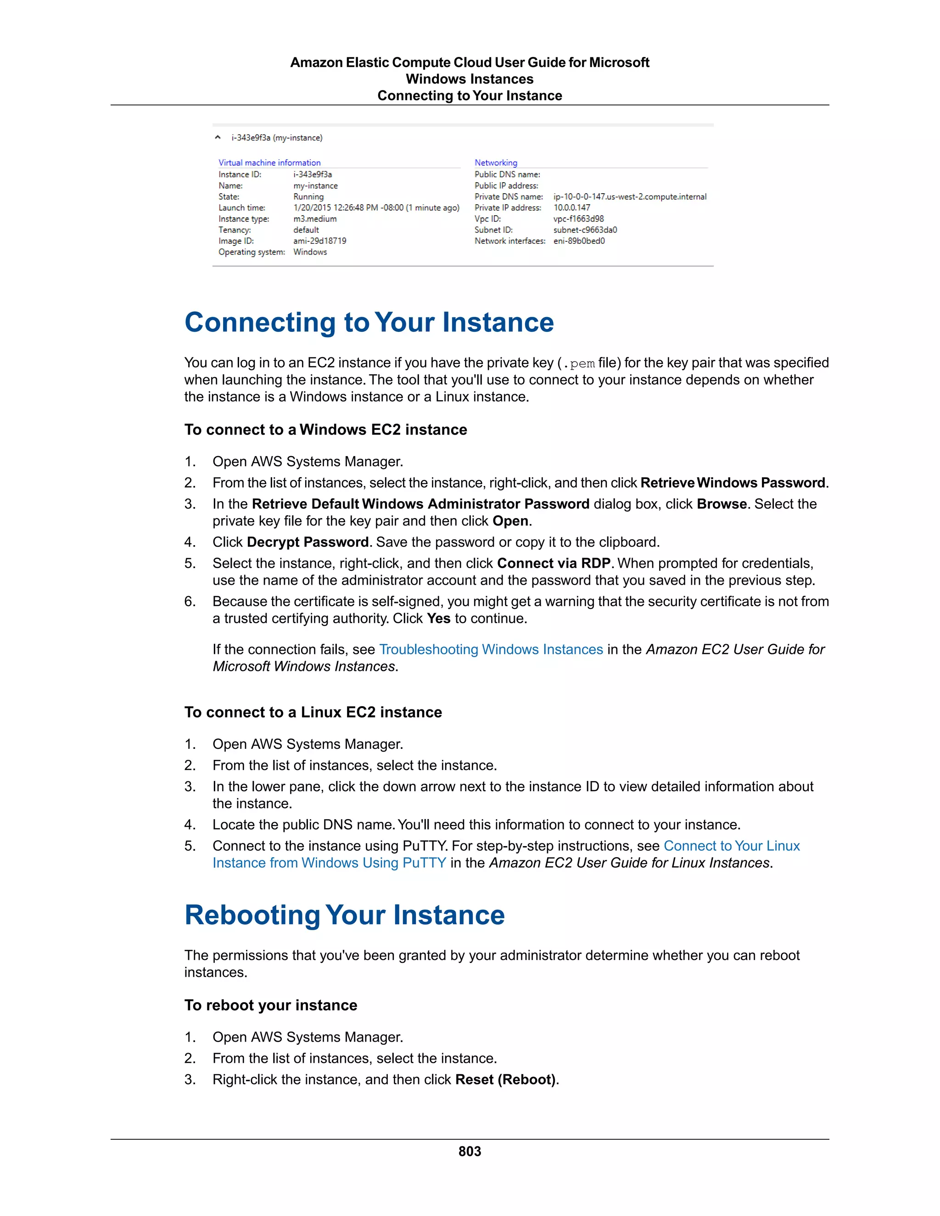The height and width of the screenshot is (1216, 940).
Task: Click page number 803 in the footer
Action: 470,1151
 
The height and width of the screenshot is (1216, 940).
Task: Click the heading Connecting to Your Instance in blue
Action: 369,323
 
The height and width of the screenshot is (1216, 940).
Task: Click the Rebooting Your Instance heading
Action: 344,915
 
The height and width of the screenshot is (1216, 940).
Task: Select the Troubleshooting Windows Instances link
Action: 491,649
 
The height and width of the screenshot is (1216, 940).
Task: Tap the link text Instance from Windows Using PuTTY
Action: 329,863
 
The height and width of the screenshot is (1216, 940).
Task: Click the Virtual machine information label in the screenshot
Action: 269,162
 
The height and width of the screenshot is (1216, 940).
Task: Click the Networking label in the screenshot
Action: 496,162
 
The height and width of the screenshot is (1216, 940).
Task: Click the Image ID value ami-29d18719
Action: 319,241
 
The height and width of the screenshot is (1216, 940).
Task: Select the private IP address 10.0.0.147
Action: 571,208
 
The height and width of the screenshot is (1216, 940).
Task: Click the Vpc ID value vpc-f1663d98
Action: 578,219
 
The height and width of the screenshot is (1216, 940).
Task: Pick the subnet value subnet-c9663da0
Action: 585,230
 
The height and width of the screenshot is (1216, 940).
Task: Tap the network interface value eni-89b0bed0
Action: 579,241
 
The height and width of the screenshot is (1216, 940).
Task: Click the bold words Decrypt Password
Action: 308,542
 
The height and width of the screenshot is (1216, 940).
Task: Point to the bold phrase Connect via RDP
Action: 554,563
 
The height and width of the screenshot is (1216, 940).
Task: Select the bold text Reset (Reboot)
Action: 506,1079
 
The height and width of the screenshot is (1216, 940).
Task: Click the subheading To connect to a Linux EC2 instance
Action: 313,712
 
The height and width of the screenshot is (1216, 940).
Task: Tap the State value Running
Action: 308,196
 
